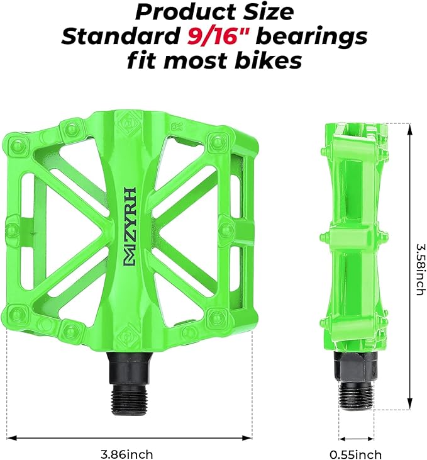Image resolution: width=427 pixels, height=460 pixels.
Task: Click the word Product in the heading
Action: pyautogui.click(x=184, y=11)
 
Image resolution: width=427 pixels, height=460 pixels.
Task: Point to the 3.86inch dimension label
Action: pyautogui.click(x=127, y=454)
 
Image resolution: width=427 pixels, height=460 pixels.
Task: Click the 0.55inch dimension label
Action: pyautogui.click(x=355, y=454)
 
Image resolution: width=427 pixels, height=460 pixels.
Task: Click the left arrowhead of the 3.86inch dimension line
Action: pyautogui.click(x=11, y=437)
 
